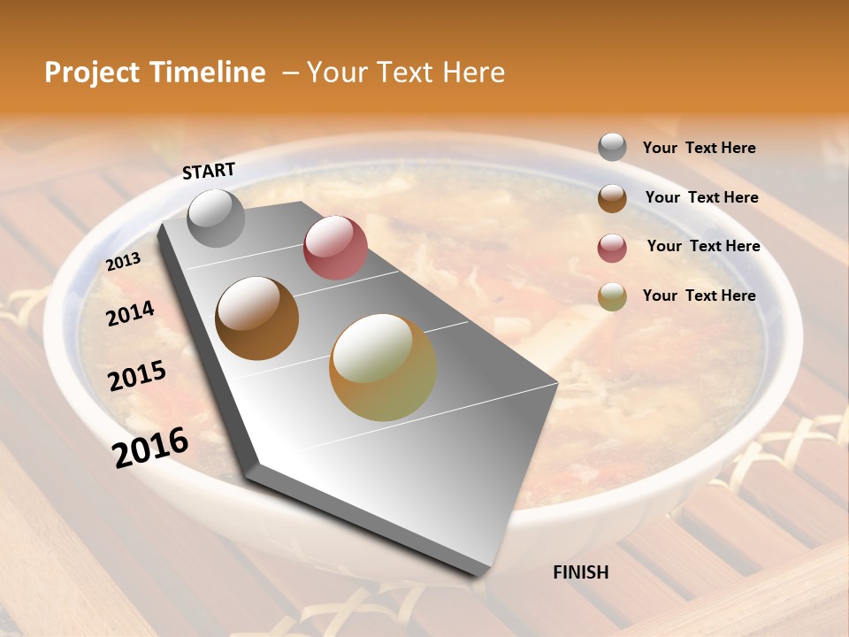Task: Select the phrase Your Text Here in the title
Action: coord(405,73)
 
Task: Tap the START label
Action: coord(209,171)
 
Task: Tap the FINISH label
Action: coord(580,572)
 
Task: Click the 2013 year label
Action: coord(123,262)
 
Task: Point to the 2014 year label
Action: coord(130,313)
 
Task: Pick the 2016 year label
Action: coord(150,447)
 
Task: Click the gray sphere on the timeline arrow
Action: coord(216,218)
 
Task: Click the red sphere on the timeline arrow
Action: coord(335,248)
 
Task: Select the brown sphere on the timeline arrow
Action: coord(257,318)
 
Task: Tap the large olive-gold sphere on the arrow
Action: coord(383,367)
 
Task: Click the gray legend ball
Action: coord(612,147)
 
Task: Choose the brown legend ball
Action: coord(612,198)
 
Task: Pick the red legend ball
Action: coord(612,248)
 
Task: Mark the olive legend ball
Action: coord(612,296)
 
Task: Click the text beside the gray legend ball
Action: coord(699,148)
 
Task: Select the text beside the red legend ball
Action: coord(703,246)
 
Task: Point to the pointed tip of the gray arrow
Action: coord(482,573)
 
